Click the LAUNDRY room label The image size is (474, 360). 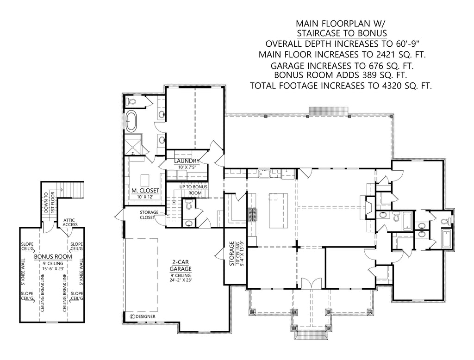[x=187, y=161]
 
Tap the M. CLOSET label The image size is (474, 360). [x=145, y=191]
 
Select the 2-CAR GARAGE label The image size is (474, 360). [x=181, y=266]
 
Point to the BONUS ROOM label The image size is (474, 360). [x=53, y=257]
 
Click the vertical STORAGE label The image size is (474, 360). [x=232, y=253]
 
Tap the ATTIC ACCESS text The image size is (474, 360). [x=70, y=223]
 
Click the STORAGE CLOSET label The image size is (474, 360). [x=149, y=215]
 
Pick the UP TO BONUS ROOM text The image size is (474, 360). [x=193, y=190]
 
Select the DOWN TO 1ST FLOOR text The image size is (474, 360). [x=49, y=202]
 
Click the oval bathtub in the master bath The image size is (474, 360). [x=131, y=121]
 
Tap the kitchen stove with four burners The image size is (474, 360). [x=252, y=215]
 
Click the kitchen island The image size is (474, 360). [x=278, y=211]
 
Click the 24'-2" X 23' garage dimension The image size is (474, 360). [x=181, y=280]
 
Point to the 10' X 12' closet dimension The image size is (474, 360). [x=145, y=197]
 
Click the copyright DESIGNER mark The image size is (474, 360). [x=143, y=317]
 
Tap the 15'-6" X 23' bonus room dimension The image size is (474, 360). [x=53, y=268]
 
